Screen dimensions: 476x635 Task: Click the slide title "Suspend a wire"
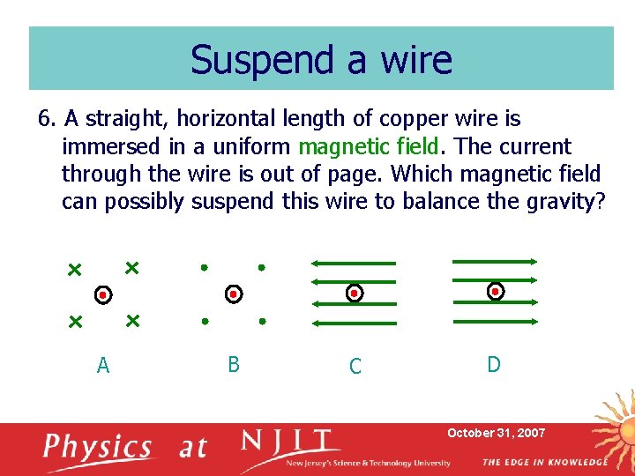tap(321, 59)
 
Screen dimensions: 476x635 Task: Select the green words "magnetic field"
tap(374, 146)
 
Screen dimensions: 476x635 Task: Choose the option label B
tap(234, 364)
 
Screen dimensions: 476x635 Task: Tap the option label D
tap(494, 364)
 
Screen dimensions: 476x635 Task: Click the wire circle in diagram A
tap(103, 294)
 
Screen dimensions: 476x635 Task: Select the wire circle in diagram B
tap(233, 294)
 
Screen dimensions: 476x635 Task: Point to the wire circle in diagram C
tap(354, 293)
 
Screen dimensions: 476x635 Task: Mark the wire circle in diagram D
tap(496, 291)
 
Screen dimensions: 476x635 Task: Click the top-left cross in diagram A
tap(75, 268)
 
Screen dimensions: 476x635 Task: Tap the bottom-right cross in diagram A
tap(132, 321)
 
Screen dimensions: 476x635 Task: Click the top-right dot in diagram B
tap(261, 266)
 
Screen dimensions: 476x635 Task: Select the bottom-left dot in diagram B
tap(204, 323)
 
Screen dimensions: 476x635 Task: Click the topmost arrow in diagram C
tap(353, 263)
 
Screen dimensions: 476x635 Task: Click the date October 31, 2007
tap(497, 433)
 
